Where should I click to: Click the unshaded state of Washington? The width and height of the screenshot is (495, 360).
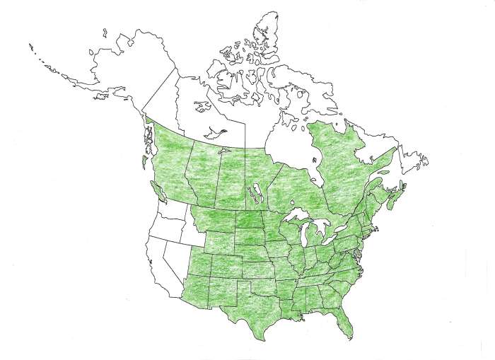[x=170, y=212]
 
